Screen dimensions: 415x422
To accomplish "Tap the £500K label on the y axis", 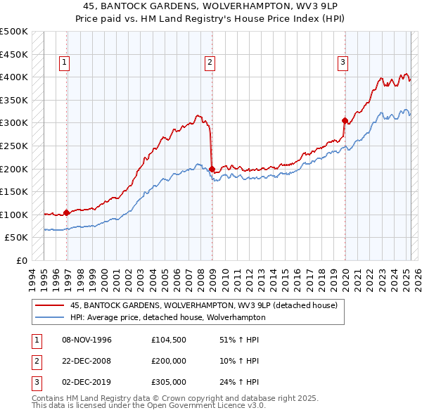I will coord(14,32).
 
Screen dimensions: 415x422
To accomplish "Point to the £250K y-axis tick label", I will coord(14,146).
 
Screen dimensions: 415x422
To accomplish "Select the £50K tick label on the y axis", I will coord(17,238).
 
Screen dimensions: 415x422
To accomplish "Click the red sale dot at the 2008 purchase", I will coord(212,169).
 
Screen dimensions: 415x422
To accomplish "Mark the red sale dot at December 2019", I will coord(345,120).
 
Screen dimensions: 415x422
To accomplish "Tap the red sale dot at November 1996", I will coord(66,212).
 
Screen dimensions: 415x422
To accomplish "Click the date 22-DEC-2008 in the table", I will coord(87,361).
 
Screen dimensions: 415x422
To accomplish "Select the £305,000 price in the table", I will coord(169,382).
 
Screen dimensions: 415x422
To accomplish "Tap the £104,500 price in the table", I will coord(169,340).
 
